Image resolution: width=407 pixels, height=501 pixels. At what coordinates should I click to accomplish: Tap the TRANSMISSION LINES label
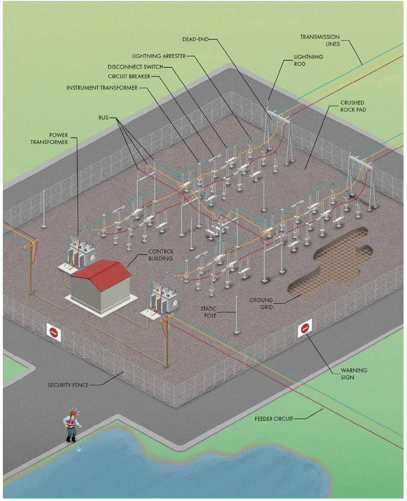(320, 41)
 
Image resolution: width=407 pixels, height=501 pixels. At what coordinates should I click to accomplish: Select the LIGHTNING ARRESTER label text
(159, 56)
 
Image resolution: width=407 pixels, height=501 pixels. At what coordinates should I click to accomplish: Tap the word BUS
(103, 117)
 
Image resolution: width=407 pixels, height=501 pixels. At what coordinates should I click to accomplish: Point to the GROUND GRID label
(261, 304)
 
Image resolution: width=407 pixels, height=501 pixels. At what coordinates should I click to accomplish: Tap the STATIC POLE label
(209, 312)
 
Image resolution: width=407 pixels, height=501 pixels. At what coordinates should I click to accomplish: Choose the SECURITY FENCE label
(68, 385)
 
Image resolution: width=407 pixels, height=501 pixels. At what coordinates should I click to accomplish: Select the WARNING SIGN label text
(354, 373)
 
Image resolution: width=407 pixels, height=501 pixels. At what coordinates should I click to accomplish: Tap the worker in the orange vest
(72, 425)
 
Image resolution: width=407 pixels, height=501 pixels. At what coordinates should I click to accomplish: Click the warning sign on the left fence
(54, 331)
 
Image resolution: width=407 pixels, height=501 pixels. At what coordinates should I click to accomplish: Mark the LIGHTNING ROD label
(308, 60)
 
